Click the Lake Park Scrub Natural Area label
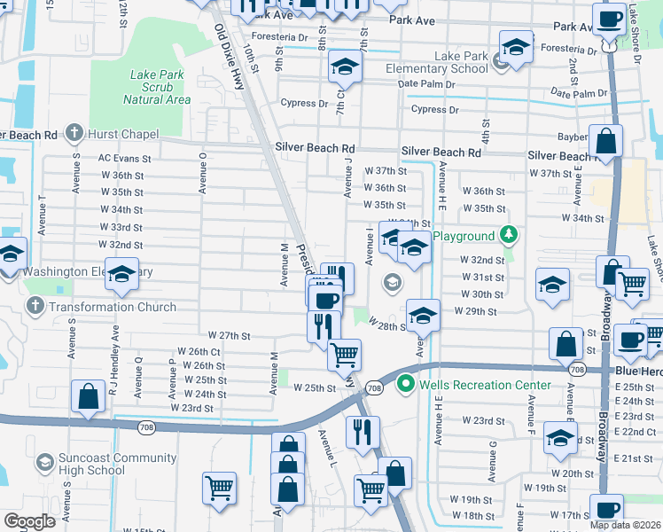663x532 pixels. click(156, 87)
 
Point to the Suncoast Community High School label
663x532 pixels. click(106, 464)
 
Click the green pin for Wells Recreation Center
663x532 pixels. click(406, 384)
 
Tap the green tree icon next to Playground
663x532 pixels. click(508, 236)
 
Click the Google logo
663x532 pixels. click(29, 521)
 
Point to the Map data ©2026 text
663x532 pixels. click(626, 525)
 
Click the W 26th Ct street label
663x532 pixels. click(199, 351)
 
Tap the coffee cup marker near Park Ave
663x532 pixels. click(609, 18)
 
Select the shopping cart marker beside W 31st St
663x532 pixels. click(631, 284)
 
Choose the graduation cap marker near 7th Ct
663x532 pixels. click(345, 66)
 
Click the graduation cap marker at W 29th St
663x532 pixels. click(424, 315)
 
